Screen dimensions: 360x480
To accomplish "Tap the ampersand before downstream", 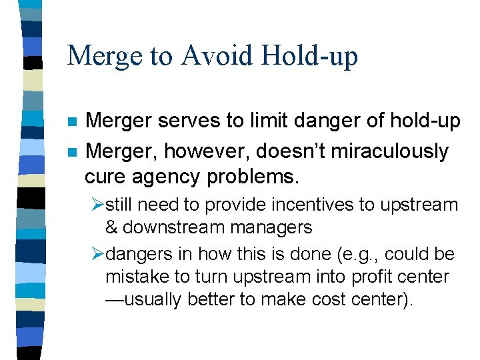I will pos(111,227).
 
